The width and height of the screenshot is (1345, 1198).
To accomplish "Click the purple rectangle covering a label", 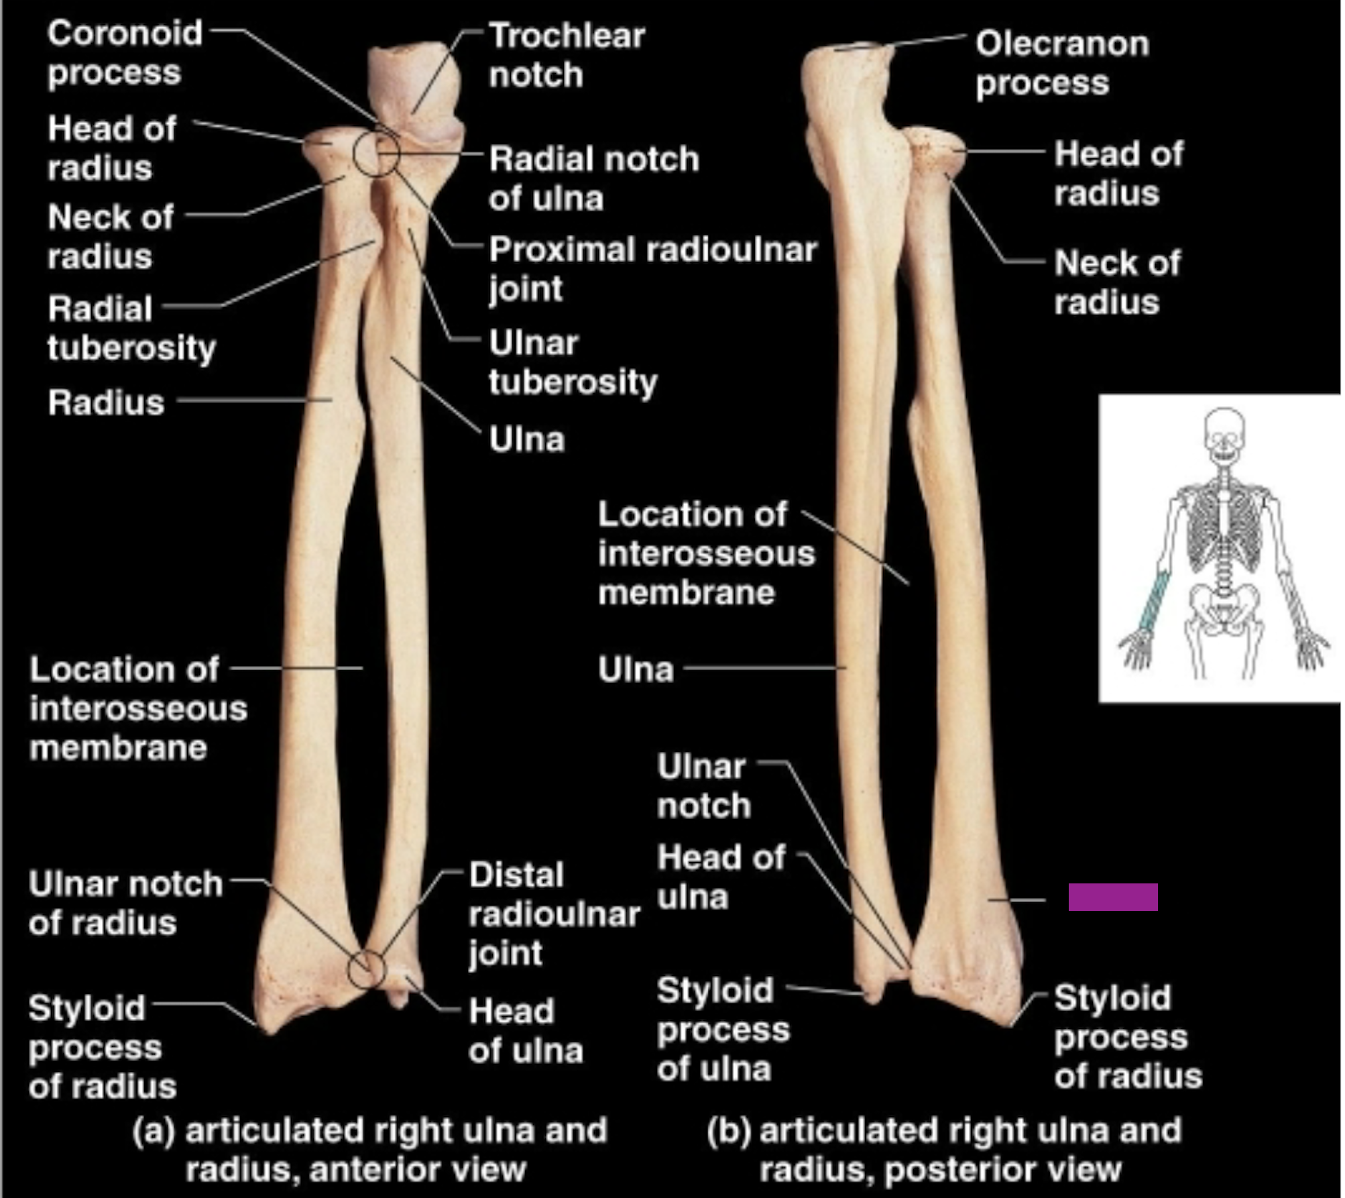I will tap(1112, 897).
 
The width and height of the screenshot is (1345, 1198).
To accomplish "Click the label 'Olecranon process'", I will tap(1061, 63).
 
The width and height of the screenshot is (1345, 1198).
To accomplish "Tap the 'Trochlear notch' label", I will tap(567, 55).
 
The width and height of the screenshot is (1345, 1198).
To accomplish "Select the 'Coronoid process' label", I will tap(125, 52).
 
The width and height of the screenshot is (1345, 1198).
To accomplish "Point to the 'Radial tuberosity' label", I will tap(131, 328).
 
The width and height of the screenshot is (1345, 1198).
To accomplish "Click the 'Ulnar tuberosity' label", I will tap(573, 362).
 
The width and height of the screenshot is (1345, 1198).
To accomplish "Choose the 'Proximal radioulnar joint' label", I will tap(652, 268).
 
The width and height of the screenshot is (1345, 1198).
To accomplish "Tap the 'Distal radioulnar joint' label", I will tap(554, 914).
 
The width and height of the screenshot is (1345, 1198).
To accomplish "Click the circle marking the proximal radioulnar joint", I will tap(376, 154).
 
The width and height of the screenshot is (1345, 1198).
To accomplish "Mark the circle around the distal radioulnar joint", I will tap(366, 969).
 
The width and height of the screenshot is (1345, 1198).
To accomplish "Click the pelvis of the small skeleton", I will tap(1224, 607).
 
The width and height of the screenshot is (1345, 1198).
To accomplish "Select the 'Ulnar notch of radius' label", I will tap(125, 903).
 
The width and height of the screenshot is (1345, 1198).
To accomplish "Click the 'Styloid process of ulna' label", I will tap(723, 1028).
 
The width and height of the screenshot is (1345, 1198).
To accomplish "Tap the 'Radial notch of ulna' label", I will tap(593, 178).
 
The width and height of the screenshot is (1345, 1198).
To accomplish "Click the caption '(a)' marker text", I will tap(154, 1130).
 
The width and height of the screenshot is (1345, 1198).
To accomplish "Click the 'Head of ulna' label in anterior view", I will tap(525, 1030).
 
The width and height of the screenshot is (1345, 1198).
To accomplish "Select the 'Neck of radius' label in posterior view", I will tap(1116, 282).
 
